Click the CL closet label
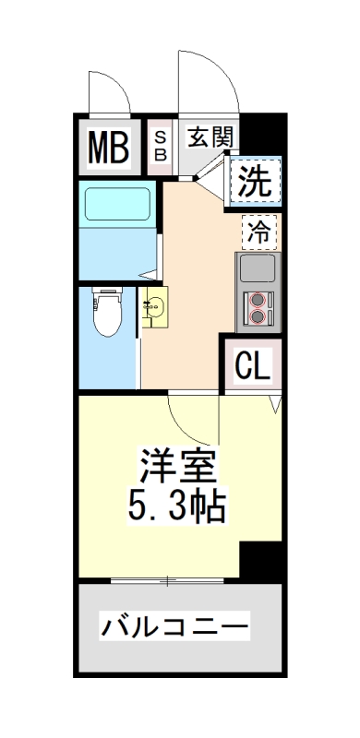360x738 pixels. [x=251, y=366]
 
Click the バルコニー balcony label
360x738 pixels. [x=174, y=628]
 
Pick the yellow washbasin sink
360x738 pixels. [x=155, y=307]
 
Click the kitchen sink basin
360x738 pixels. [x=258, y=269]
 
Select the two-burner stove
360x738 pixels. [x=258, y=309]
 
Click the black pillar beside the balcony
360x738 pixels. [x=261, y=561]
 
